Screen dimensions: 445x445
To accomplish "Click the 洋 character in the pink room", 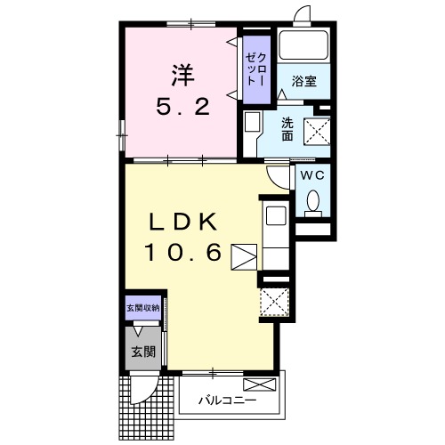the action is pos(183,76).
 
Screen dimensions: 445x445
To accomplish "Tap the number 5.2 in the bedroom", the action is pos(183,107).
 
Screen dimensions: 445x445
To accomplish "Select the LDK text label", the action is pos(183,222).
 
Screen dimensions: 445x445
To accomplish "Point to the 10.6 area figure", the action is pos(183,252).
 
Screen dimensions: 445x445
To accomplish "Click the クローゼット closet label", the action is pos(256,69).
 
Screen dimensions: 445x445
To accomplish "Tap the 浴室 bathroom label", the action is pos(303,81).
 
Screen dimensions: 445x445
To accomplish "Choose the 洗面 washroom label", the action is pos(287,129).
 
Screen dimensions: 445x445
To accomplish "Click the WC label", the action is pos(312,175).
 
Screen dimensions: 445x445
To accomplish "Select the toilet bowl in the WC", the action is pos(312,204).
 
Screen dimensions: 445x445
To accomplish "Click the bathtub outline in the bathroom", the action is pos(303,45).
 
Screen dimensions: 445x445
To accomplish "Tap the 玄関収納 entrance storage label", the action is pos(143,308).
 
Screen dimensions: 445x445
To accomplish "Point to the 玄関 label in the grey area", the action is pos(143,352).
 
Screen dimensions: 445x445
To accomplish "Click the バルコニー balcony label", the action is pos(227,400).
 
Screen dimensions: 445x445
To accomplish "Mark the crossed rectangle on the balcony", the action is pos(259,384).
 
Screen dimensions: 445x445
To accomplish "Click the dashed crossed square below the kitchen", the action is pos(275,302).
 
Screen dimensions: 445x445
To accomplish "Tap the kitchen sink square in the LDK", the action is pos(276,215).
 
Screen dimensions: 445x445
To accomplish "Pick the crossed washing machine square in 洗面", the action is pos(317,132).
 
